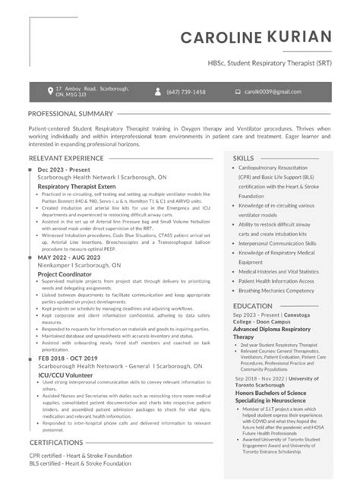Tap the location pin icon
click(x=49, y=91)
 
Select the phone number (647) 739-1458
click(x=186, y=92)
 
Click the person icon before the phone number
click(x=157, y=92)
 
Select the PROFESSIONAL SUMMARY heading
click(x=71, y=113)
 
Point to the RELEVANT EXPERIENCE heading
click(x=66, y=158)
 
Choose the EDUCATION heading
click(x=253, y=305)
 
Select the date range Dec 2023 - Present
click(x=65, y=169)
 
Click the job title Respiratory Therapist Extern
click(x=77, y=185)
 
